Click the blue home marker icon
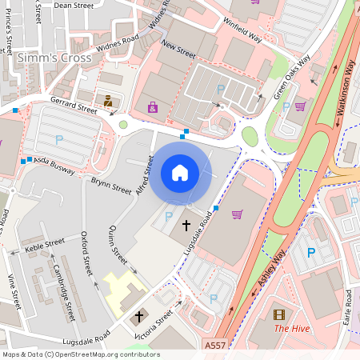coord(180,172)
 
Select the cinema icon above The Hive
coord(278,314)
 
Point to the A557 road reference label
coord(214,346)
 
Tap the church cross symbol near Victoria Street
coord(138,317)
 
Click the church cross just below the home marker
coord(187,226)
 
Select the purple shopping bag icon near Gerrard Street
coord(153,106)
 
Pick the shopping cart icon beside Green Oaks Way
coord(300,106)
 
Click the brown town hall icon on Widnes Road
coord(107,101)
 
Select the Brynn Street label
coord(110,186)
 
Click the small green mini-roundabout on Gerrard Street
coord(123,125)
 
